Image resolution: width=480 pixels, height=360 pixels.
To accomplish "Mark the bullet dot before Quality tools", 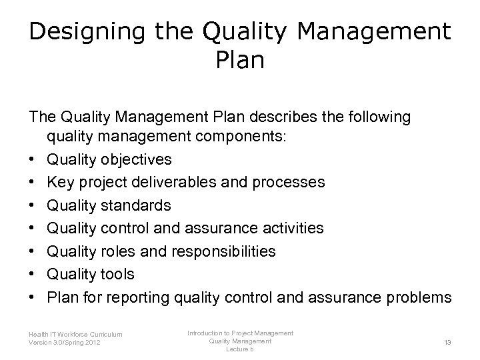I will coord(32,275).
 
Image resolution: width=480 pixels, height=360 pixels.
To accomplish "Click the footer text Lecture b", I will coord(240,349).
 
